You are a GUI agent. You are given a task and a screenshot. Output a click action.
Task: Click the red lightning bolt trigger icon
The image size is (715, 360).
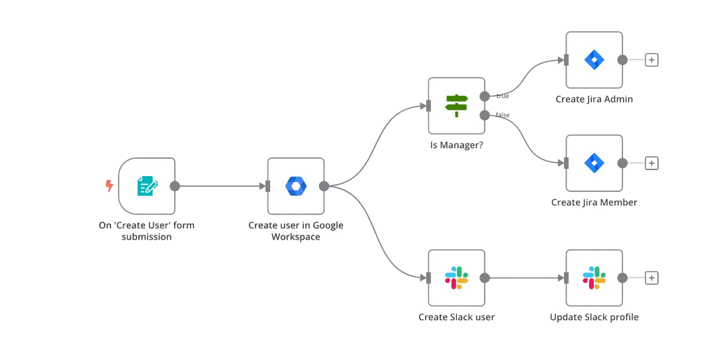(109, 186)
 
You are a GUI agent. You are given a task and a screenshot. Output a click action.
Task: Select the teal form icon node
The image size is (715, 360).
(147, 186)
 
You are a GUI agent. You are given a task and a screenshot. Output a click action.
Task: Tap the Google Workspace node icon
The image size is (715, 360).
(295, 186)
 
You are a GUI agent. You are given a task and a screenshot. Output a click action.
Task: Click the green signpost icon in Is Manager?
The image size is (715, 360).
(456, 106)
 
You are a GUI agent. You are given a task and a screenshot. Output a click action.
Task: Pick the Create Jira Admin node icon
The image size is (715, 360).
(594, 60)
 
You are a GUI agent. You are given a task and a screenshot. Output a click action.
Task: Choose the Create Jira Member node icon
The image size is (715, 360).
(594, 163)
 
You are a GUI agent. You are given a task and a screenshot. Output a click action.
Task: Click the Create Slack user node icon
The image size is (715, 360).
(456, 278)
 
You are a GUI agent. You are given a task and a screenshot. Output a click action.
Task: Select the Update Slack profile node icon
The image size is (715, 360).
(594, 278)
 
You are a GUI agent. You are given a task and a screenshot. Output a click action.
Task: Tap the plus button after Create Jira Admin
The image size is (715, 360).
(651, 60)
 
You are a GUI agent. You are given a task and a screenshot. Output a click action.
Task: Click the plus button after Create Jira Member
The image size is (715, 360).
(651, 163)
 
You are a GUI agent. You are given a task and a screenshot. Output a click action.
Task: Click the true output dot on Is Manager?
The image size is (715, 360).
(485, 97)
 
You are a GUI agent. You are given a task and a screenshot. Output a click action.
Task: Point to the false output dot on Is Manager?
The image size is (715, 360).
(485, 116)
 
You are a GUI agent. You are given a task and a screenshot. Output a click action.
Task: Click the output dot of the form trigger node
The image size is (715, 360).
(175, 186)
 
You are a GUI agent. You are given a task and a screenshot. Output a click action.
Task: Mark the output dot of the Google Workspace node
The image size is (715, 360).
(324, 186)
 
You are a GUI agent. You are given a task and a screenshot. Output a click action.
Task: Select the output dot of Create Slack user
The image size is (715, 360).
(485, 278)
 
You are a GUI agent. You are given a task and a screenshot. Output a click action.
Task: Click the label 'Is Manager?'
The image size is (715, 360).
(456, 145)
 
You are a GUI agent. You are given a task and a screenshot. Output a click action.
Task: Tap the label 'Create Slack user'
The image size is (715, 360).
(456, 317)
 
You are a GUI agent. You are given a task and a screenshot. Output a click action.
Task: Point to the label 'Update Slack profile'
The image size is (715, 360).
(594, 317)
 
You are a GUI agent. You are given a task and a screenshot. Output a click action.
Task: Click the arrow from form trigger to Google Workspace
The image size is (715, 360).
(222, 186)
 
